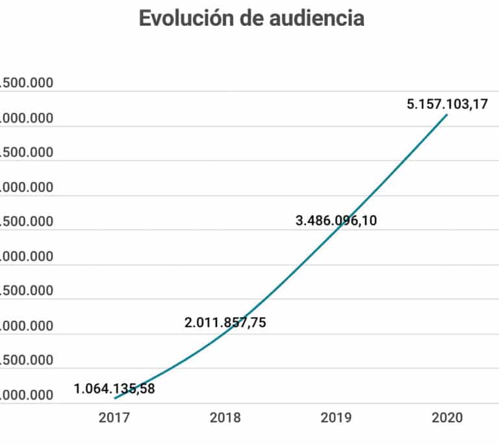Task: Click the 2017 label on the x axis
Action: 114,418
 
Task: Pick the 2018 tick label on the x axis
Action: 225,418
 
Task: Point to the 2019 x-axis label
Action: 336,418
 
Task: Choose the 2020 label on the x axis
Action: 447,418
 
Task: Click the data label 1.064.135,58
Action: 114,389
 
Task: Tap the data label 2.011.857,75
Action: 225,322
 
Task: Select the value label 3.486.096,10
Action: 336,221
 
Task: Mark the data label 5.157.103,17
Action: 447,104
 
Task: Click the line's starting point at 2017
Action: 115,398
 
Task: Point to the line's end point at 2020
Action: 447,115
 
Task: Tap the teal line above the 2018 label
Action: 225,332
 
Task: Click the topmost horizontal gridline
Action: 260,91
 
